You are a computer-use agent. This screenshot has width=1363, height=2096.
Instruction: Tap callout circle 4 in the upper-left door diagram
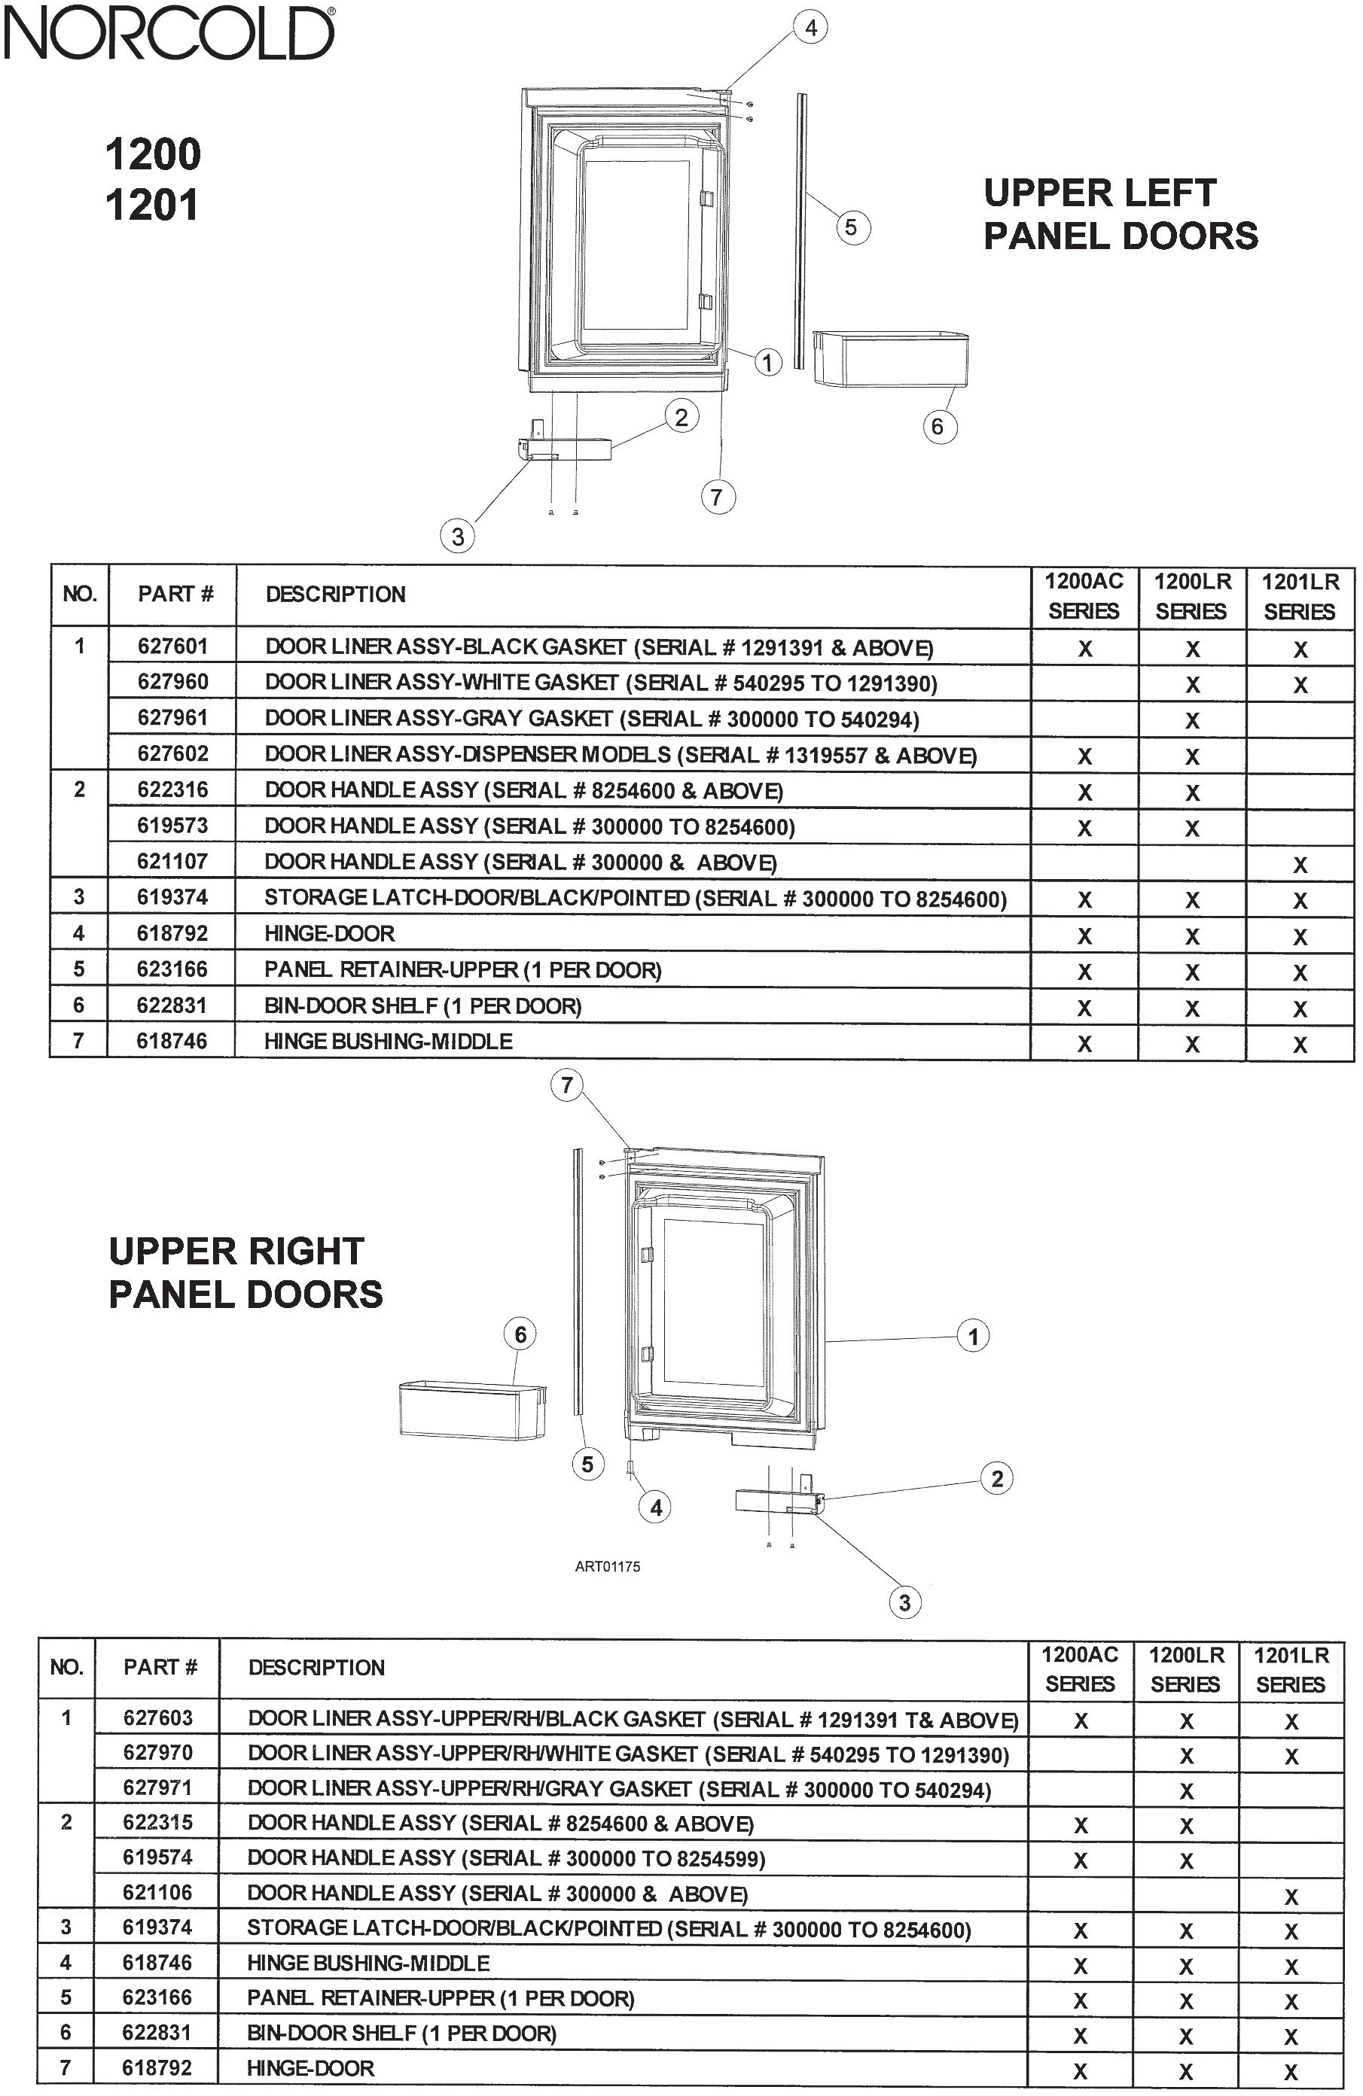810,28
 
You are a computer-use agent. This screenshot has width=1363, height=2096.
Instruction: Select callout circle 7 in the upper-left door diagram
717,497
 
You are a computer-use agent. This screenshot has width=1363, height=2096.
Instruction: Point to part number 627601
172,646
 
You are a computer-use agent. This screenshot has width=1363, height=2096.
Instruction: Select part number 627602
172,754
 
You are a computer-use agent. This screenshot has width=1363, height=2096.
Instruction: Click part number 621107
172,861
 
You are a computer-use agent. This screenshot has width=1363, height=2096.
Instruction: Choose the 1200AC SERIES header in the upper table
1084,596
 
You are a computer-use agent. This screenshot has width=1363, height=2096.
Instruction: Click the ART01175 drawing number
607,1567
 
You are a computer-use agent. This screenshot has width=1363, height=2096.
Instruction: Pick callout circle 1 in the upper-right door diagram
973,1337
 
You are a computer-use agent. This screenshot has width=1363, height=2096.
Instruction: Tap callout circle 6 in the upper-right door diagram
520,1335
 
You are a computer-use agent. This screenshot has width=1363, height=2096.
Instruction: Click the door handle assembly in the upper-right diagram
779,1501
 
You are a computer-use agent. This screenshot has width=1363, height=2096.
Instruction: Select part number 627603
157,1717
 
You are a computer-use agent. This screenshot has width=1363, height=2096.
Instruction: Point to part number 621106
157,1892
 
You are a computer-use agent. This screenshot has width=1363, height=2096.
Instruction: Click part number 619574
157,1857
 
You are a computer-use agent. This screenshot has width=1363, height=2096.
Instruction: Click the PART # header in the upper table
175,595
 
